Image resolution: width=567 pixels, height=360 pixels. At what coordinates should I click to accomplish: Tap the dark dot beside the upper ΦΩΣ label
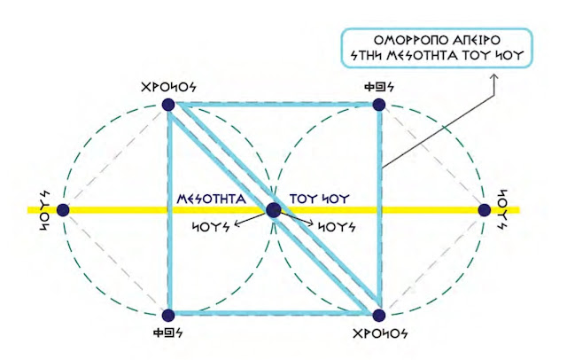[x=379, y=105]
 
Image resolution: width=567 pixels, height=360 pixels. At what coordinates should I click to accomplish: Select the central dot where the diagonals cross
[x=274, y=210]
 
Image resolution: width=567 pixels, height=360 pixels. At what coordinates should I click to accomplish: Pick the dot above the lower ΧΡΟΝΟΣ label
[x=379, y=315]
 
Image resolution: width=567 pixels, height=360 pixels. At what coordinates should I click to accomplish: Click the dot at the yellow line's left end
[x=64, y=210]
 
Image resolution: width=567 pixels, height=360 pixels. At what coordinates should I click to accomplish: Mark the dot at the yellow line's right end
[x=485, y=210]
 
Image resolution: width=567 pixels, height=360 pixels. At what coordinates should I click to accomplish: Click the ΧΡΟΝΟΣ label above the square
[x=169, y=89]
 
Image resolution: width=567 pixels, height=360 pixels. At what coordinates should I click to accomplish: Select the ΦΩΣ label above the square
[x=378, y=89]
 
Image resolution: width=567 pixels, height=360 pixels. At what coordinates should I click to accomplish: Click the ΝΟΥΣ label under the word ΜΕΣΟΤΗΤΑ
[x=213, y=226]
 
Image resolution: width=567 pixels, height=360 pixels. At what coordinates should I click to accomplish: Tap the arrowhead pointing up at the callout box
[x=495, y=77]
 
